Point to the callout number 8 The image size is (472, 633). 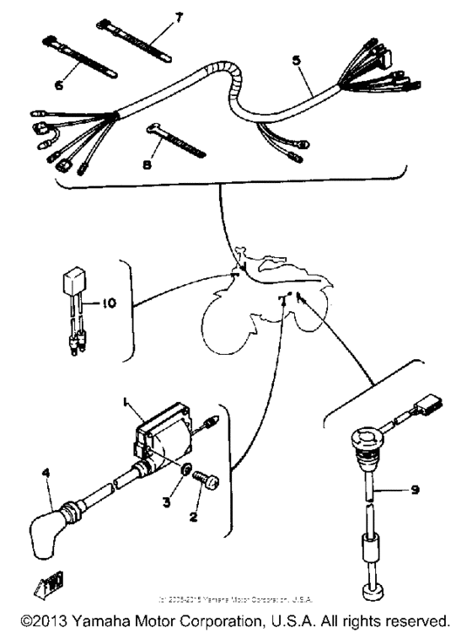pyautogui.click(x=147, y=166)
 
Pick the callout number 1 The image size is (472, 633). pyautogui.click(x=125, y=406)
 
